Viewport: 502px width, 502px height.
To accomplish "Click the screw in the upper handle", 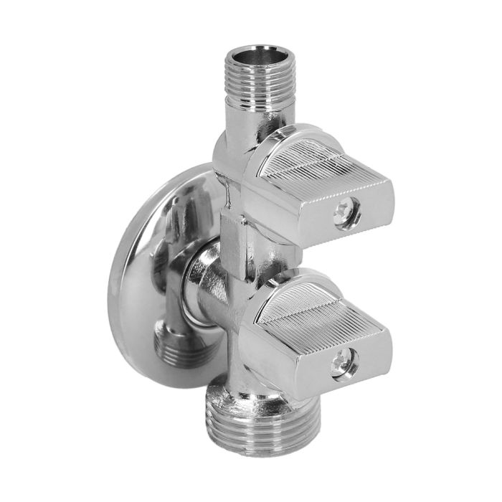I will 346,216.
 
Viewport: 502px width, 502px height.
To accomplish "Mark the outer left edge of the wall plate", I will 113,287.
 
